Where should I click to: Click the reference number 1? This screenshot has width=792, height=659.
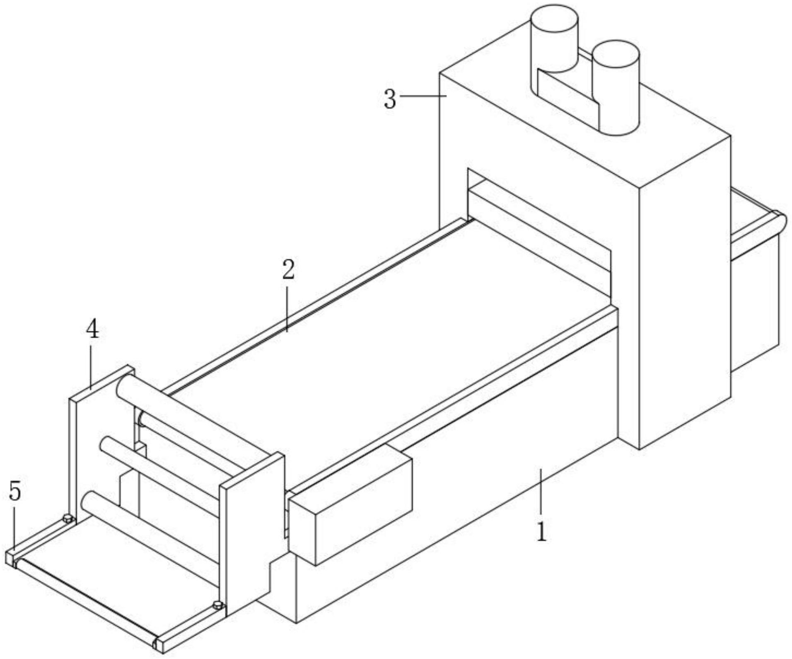click(x=541, y=532)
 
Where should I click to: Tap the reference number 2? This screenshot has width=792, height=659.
click(x=288, y=270)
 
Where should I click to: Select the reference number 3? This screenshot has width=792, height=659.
click(x=390, y=100)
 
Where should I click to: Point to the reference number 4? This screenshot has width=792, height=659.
click(x=92, y=330)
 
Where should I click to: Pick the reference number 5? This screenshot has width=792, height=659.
click(x=15, y=492)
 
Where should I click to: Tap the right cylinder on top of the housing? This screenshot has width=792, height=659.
click(x=616, y=87)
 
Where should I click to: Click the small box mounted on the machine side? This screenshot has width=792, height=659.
click(x=350, y=510)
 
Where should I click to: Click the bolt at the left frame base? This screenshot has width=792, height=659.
click(x=68, y=518)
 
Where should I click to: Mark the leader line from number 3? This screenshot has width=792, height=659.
click(x=423, y=96)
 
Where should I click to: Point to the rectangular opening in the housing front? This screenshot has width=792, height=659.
click(x=538, y=232)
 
